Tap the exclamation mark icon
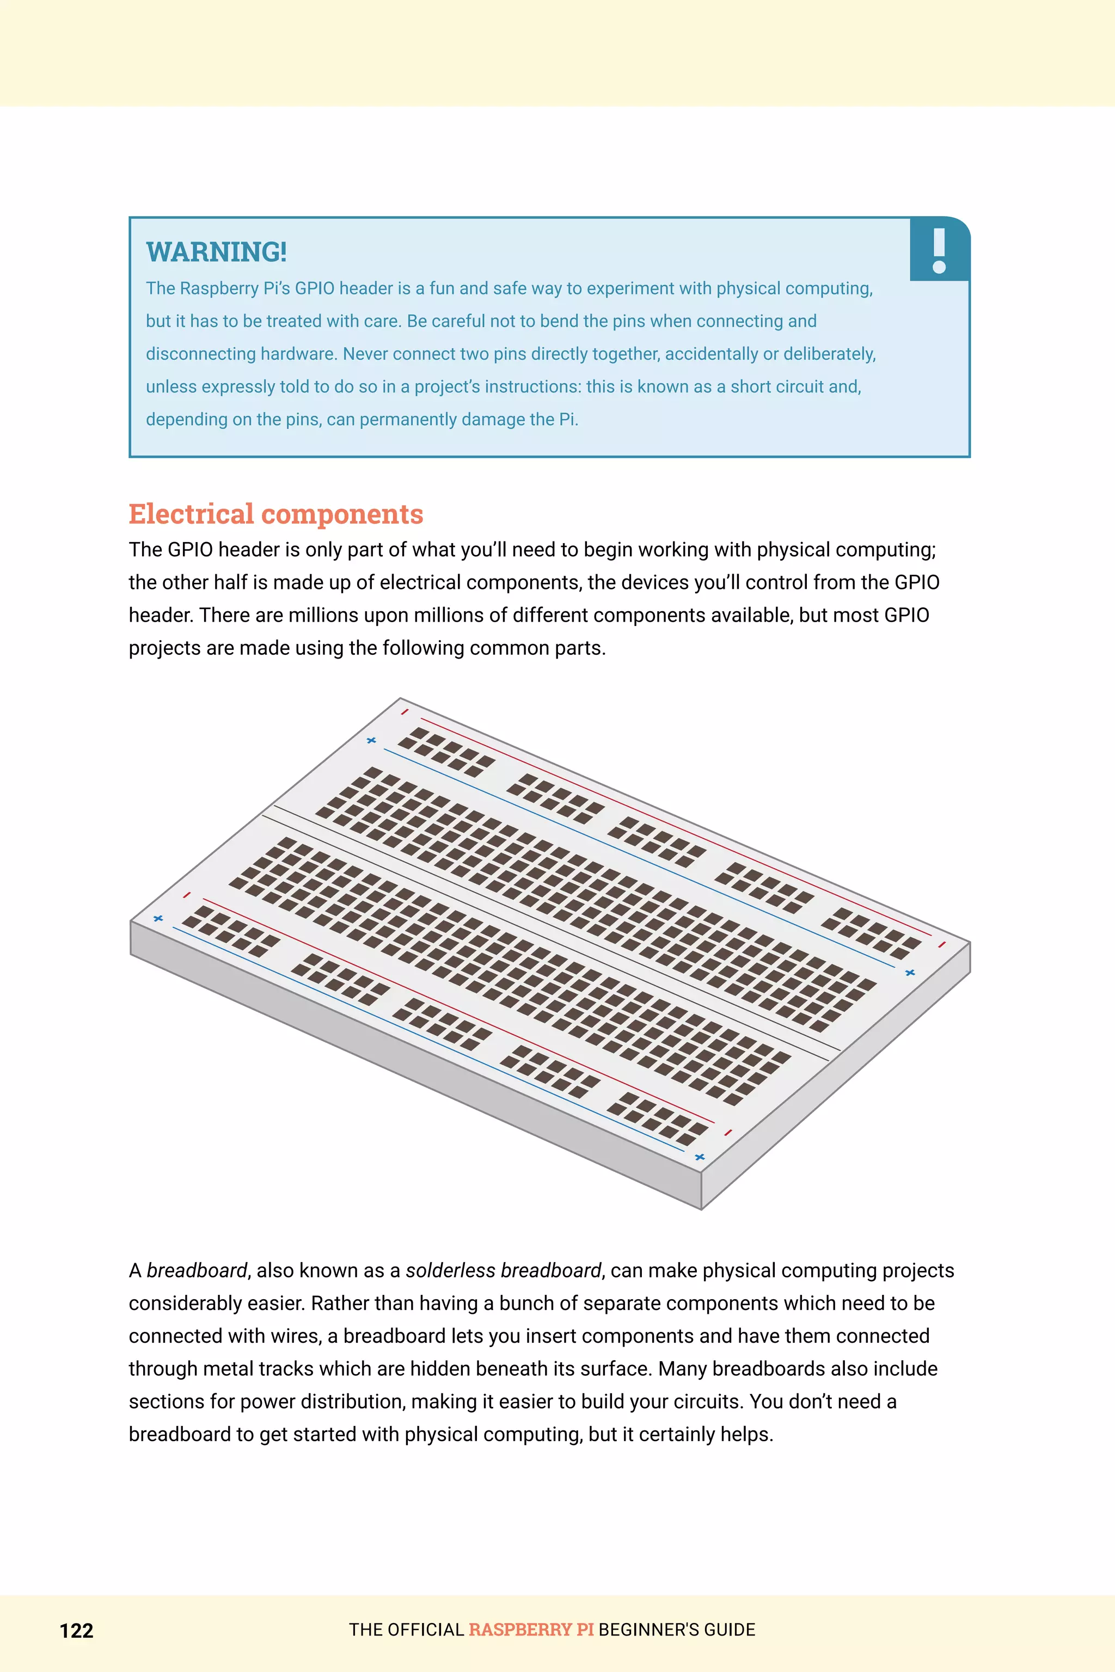pos(939,250)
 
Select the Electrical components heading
pos(276,514)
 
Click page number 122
pos(76,1630)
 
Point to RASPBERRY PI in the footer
pos(531,1630)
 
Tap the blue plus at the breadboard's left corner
pos(158,919)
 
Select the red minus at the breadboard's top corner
pos(405,711)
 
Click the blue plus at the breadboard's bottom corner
pos(700,1157)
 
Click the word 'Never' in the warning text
pos(365,354)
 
